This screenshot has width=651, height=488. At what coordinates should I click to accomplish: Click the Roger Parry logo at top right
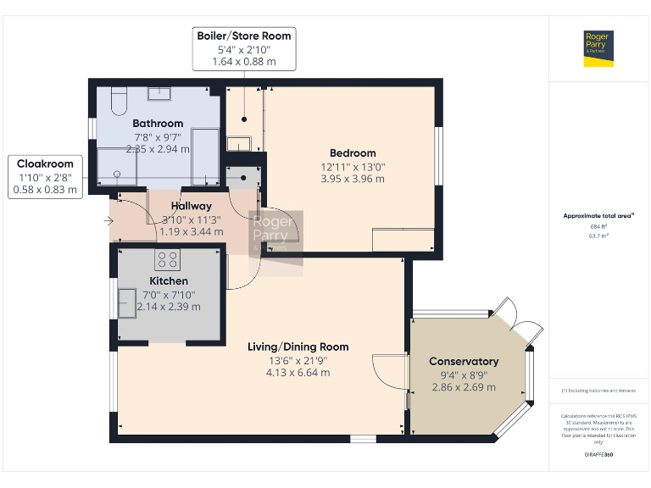pyautogui.click(x=598, y=48)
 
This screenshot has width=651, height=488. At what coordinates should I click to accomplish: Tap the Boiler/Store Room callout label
pyautogui.click(x=244, y=36)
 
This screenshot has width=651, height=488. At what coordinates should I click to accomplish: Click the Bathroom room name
pyautogui.click(x=158, y=124)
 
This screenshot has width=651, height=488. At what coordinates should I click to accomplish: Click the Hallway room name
pyautogui.click(x=192, y=206)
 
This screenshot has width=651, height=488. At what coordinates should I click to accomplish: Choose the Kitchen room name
pyautogui.click(x=169, y=280)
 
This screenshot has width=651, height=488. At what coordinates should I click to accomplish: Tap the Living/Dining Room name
pyautogui.click(x=298, y=347)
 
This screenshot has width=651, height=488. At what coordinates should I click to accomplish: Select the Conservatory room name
pyautogui.click(x=464, y=361)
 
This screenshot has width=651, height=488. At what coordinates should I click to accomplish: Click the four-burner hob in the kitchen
pyautogui.click(x=168, y=260)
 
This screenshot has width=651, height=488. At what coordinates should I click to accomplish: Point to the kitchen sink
pyautogui.click(x=127, y=302)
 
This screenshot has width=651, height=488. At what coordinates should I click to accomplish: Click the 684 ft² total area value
pyautogui.click(x=598, y=226)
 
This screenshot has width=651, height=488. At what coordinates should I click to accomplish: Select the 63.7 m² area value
pyautogui.click(x=598, y=236)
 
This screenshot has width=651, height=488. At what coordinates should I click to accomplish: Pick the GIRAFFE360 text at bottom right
pyautogui.click(x=598, y=455)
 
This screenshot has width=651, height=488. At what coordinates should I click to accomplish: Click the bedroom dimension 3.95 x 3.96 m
pyautogui.click(x=353, y=179)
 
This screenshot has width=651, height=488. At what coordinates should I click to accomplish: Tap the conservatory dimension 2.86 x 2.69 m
pyautogui.click(x=464, y=387)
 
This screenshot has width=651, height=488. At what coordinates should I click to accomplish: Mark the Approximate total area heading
pyautogui.click(x=598, y=216)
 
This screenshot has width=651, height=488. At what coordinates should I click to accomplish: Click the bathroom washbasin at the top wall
pyautogui.click(x=161, y=94)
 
